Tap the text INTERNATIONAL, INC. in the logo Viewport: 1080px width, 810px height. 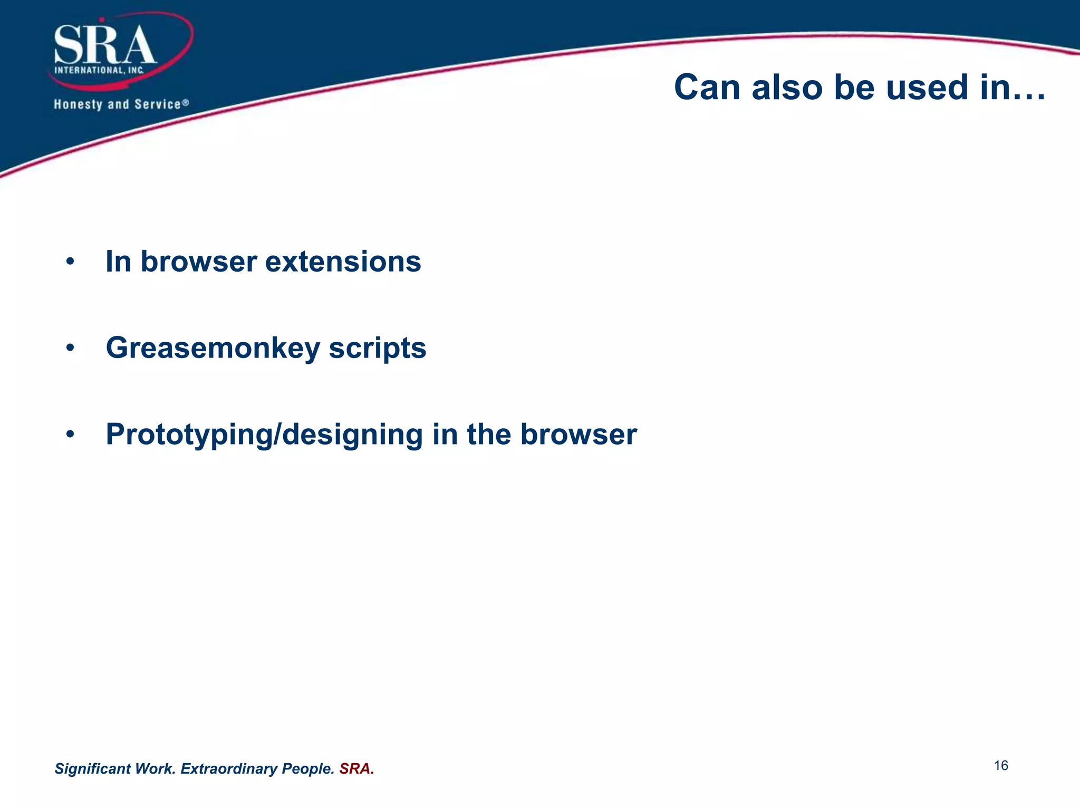point(99,70)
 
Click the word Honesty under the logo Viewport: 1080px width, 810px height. point(78,104)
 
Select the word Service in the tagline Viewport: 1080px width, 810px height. point(157,104)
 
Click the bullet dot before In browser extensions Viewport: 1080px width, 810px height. point(70,262)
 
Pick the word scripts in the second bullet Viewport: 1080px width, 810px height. point(377,349)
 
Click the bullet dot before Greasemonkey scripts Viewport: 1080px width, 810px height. point(70,349)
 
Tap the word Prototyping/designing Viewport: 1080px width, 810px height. point(264,435)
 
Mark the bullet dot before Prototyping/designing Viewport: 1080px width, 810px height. point(70,435)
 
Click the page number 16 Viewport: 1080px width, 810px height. point(1001,766)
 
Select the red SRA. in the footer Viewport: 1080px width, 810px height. point(356,769)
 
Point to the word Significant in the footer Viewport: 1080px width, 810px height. point(92,769)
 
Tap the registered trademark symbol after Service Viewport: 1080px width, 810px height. point(186,103)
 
